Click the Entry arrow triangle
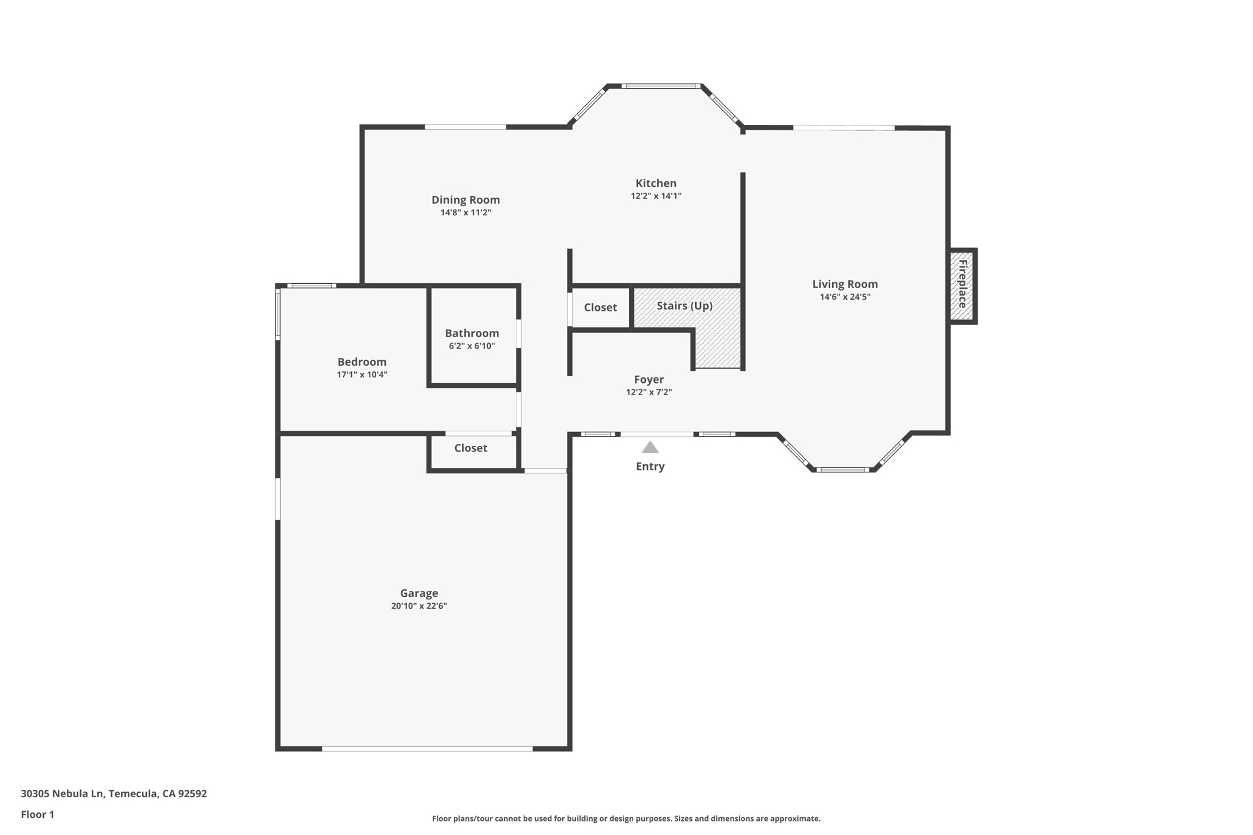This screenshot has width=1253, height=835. [650, 448]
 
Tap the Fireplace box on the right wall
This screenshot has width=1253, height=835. [962, 285]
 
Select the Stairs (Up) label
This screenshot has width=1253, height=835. [685, 305]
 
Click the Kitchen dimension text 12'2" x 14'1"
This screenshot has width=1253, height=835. [656, 196]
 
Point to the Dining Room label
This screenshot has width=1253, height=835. [466, 199]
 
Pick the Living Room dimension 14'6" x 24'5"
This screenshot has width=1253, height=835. [845, 297]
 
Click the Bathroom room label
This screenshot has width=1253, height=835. [472, 333]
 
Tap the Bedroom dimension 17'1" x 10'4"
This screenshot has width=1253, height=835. [362, 375]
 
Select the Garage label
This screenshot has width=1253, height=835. [419, 593]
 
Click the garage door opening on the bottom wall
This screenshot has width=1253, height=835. [427, 748]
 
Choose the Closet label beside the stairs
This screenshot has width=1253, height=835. [600, 307]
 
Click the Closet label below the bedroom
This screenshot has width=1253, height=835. [470, 448]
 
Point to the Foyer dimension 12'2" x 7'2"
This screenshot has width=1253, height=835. [649, 393]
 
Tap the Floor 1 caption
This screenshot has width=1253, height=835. [37, 814]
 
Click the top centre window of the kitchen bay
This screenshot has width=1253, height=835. [661, 86]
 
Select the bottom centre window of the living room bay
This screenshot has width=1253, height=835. [842, 470]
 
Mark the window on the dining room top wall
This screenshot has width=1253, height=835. [466, 127]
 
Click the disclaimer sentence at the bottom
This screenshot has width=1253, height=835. [626, 818]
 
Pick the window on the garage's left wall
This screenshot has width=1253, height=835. [278, 499]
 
